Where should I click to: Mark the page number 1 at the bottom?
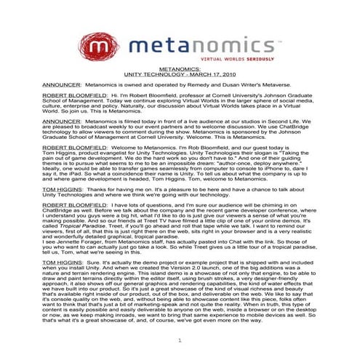tap(179, 340)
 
